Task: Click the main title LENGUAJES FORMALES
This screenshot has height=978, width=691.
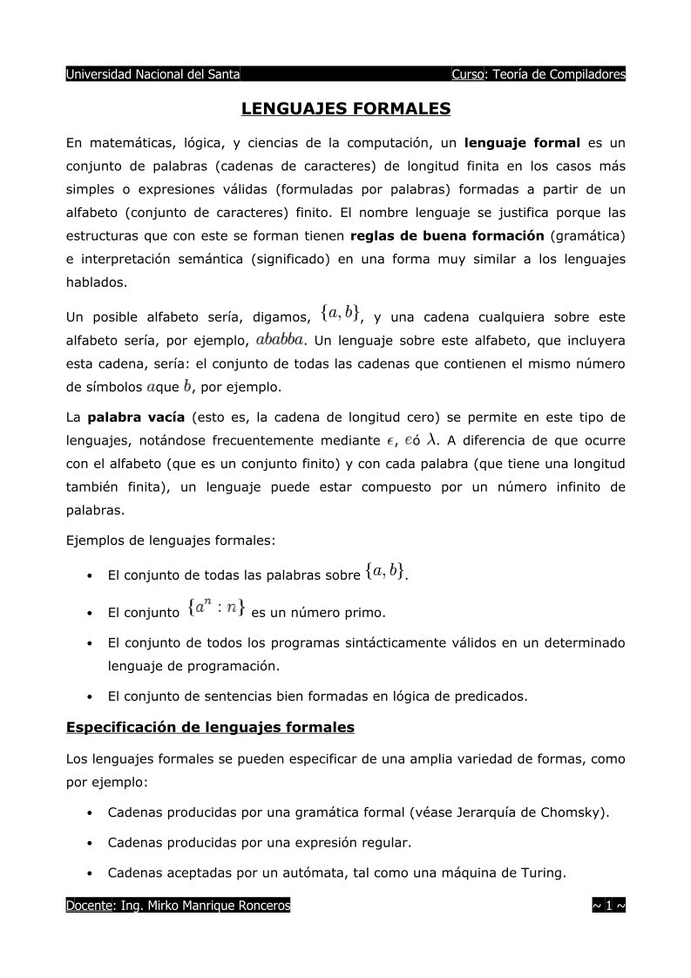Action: coord(345,109)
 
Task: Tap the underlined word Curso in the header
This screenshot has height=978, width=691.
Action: coord(468,74)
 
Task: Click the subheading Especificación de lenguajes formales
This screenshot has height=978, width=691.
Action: coord(210,726)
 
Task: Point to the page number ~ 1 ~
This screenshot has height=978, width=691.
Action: coord(608,907)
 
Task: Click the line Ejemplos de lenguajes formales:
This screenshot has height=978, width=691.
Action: coord(171,540)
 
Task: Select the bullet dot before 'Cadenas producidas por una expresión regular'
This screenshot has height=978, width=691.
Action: coord(91,844)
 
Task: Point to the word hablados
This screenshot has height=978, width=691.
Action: coord(97,282)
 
